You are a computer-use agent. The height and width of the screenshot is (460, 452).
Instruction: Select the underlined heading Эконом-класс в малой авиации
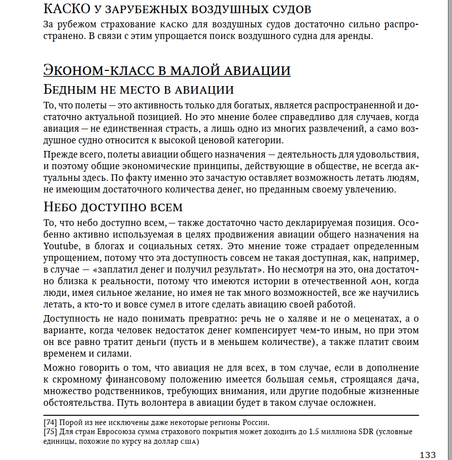coord(167,70)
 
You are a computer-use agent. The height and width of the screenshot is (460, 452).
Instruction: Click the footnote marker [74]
coord(50,423)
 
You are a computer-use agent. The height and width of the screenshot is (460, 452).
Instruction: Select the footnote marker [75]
coord(50,432)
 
